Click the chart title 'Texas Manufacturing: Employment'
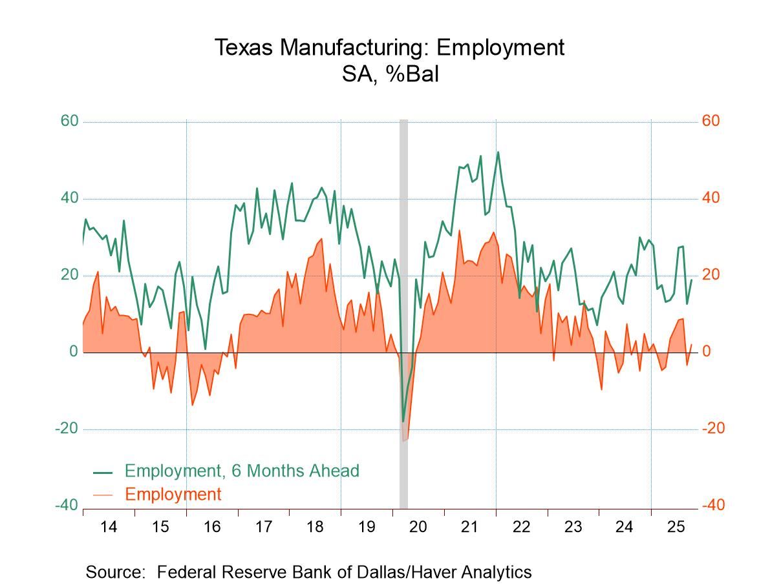point(389,47)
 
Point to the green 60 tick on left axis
point(70,121)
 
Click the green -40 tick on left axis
point(67,505)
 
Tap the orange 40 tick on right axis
point(711,198)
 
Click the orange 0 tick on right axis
point(707,352)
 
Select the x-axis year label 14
point(109,527)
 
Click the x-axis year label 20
point(418,527)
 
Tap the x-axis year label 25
point(676,527)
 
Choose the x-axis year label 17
point(263,527)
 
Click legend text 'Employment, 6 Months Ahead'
point(242,471)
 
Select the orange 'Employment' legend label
point(173,495)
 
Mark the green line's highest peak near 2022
point(498,152)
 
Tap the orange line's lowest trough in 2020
point(404,440)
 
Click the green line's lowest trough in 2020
point(403,422)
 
